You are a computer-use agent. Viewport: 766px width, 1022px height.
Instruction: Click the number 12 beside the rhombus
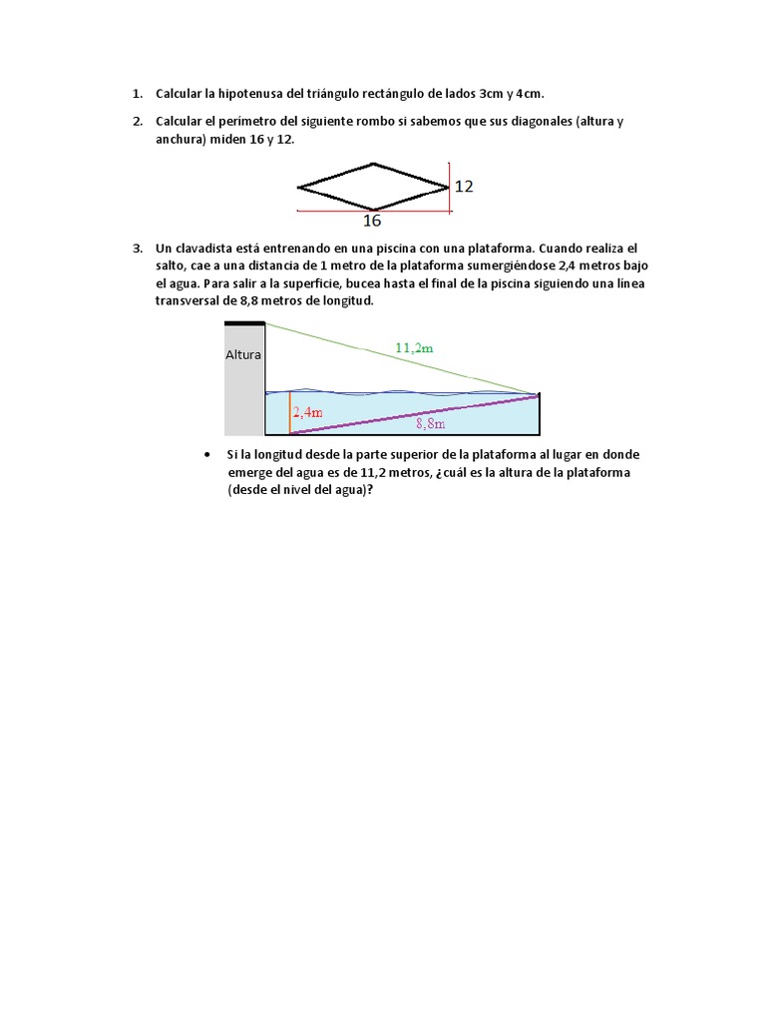coord(464,186)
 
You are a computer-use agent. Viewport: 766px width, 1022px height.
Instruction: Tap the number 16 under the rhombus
coord(372,221)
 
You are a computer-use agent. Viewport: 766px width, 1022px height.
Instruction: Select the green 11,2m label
coord(415,347)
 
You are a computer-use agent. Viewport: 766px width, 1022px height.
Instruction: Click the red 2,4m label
coord(307,411)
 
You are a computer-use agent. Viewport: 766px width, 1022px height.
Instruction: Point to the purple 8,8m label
coord(430,423)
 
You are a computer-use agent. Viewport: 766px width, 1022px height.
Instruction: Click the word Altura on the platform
coord(243,354)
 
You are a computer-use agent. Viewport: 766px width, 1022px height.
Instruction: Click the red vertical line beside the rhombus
coord(450,187)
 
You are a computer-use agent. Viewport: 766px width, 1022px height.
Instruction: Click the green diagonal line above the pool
coord(399,358)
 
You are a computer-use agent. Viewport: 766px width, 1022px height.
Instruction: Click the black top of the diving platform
coord(244,322)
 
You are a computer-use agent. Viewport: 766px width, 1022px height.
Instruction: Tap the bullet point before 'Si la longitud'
coord(205,455)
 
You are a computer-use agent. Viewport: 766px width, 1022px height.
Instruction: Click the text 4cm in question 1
coord(530,94)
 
